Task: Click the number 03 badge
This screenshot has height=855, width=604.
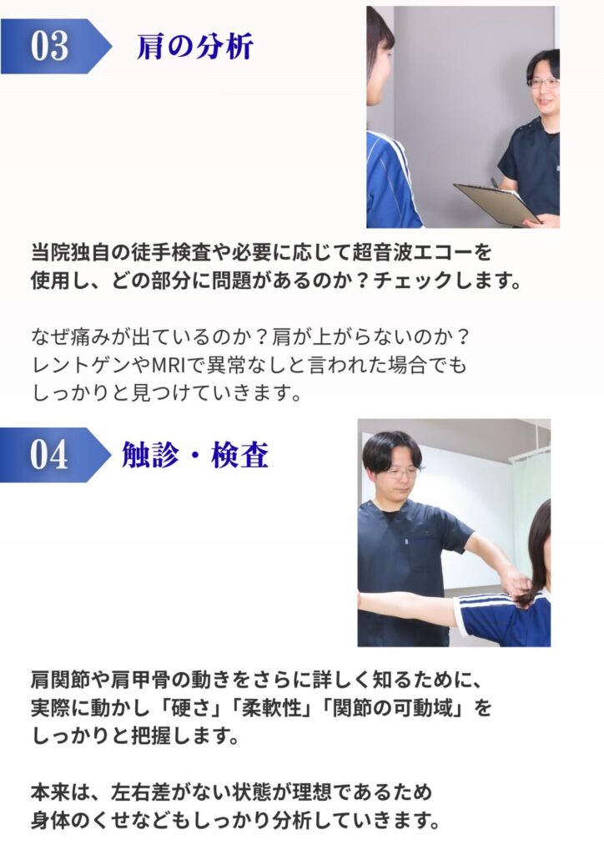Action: tap(54, 46)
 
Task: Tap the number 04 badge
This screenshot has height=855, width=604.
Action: tap(54, 455)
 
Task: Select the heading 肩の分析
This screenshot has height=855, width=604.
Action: tap(194, 46)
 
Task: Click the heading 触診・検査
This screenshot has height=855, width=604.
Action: tap(195, 455)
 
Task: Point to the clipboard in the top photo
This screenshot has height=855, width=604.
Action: tap(496, 204)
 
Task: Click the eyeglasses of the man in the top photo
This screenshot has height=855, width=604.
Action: tap(543, 83)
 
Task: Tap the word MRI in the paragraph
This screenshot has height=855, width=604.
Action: tap(168, 365)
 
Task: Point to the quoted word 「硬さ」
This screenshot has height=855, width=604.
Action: tap(190, 708)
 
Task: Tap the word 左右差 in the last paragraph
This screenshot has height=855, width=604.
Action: tap(140, 792)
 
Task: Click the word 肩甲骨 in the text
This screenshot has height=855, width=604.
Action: tap(140, 680)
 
